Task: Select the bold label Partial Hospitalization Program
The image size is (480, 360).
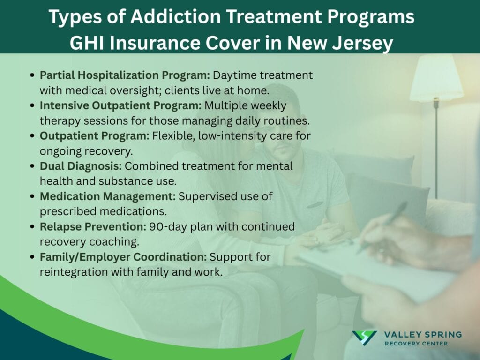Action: (125, 75)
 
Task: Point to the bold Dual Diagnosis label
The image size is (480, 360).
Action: (81, 166)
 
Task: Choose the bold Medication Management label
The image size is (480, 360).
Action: (107, 196)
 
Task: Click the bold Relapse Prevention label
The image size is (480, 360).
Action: (93, 227)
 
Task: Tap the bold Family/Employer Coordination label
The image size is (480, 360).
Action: (123, 257)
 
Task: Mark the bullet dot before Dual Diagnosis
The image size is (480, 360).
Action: (31, 166)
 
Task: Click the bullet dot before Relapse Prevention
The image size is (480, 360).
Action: (31, 227)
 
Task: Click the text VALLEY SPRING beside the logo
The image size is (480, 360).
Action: (422, 334)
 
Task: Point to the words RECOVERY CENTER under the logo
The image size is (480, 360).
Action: (416, 344)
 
